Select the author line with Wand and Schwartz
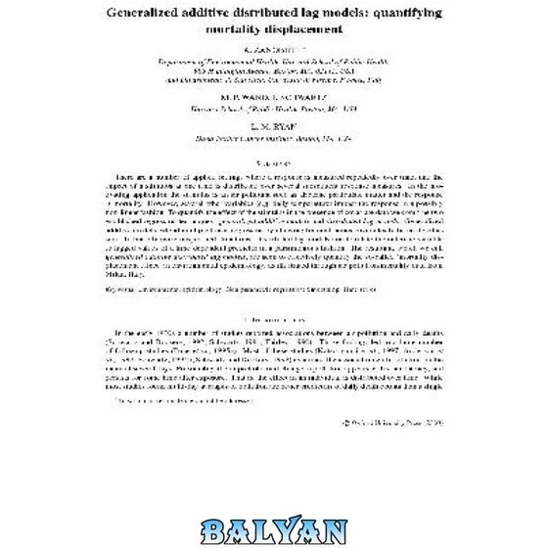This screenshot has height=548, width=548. [x=274, y=98]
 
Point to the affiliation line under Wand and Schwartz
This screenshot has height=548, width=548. [x=274, y=110]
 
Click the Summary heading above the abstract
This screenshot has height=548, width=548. [x=274, y=164]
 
